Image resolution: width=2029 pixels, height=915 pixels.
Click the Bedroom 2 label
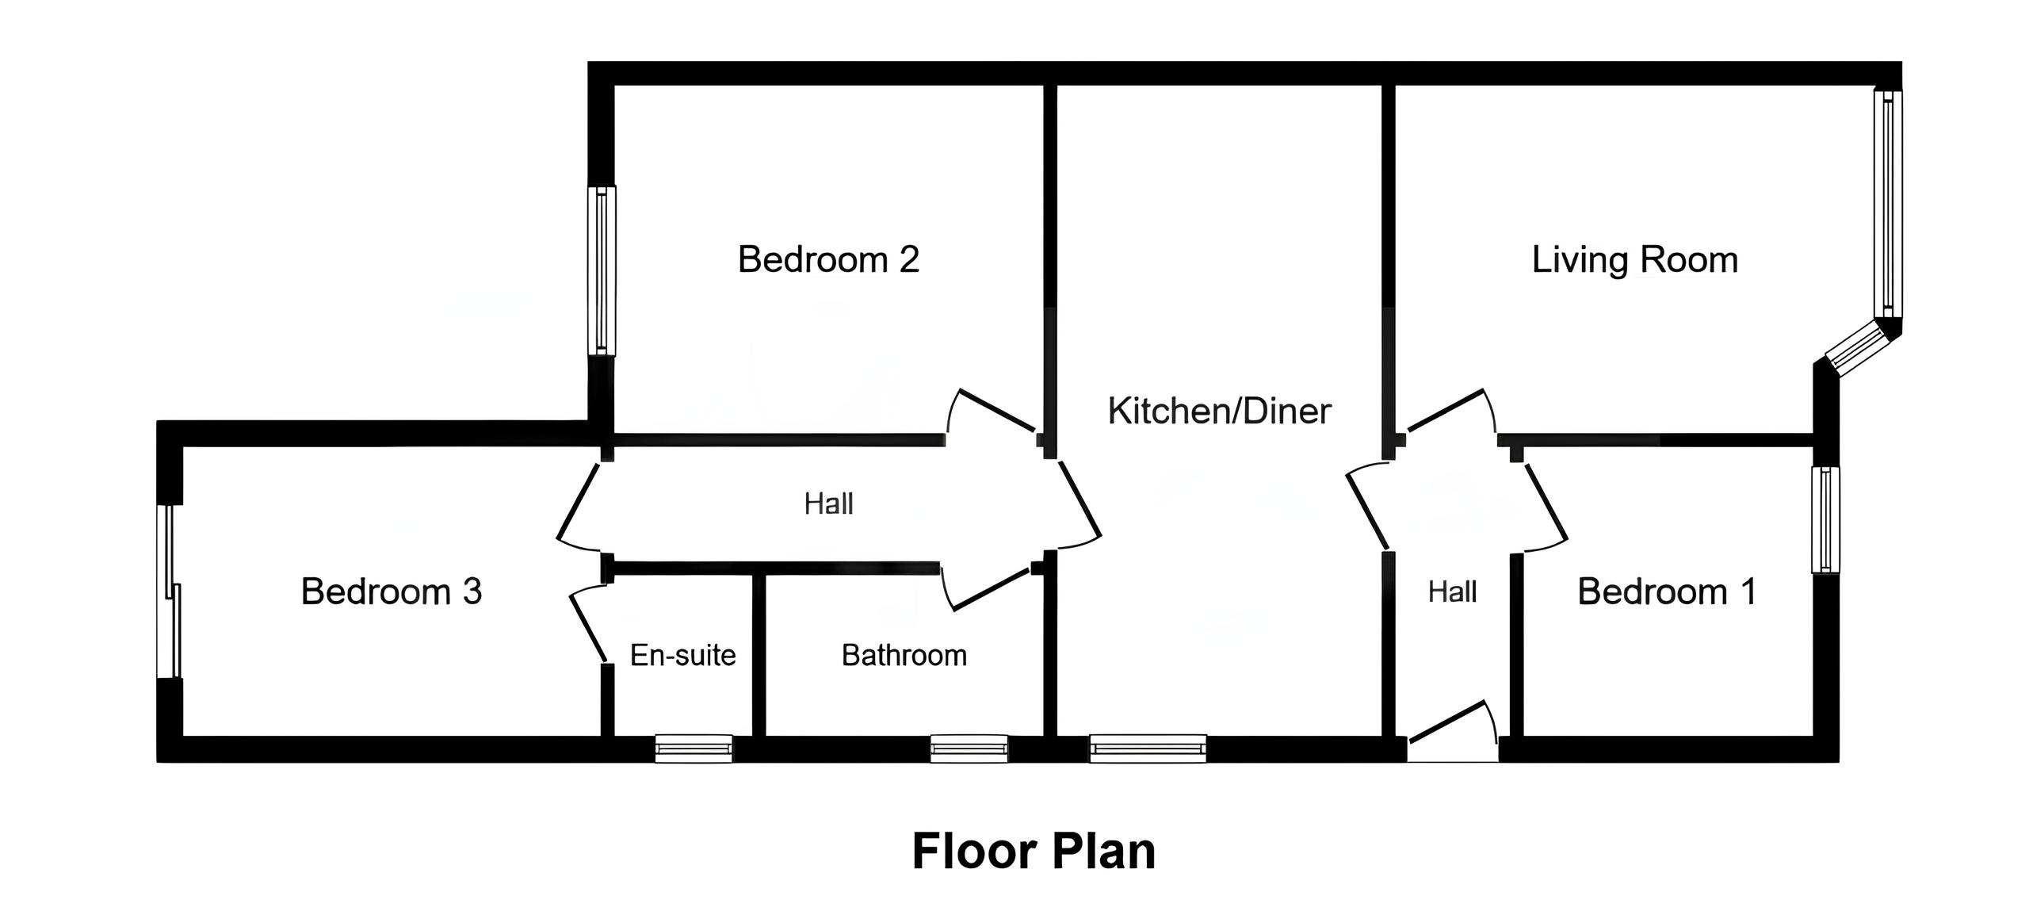tap(828, 260)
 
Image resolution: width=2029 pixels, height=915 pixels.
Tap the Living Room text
tap(1634, 260)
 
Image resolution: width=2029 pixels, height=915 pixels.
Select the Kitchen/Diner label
tap(1219, 411)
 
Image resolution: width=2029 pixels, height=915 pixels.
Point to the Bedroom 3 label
tap(392, 591)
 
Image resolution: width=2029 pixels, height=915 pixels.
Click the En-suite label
tap(682, 655)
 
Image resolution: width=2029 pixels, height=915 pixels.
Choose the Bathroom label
tap(904, 655)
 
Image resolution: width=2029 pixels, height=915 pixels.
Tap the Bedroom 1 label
tap(1667, 591)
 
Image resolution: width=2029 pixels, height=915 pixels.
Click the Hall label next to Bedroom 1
tap(1452, 591)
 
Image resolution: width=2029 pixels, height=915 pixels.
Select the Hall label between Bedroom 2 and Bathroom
tap(828, 503)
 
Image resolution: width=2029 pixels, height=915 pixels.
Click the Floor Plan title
tap(1034, 852)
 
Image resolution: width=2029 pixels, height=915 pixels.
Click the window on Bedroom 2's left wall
tap(602, 270)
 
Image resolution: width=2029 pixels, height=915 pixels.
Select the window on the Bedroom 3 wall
tap(169, 591)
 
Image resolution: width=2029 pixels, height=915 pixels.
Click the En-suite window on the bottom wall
tap(694, 748)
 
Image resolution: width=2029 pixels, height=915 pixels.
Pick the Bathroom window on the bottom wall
tap(969, 748)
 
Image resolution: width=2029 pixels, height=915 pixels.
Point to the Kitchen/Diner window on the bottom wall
tap(1148, 748)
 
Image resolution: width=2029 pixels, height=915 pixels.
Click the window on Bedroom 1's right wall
tap(1826, 519)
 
